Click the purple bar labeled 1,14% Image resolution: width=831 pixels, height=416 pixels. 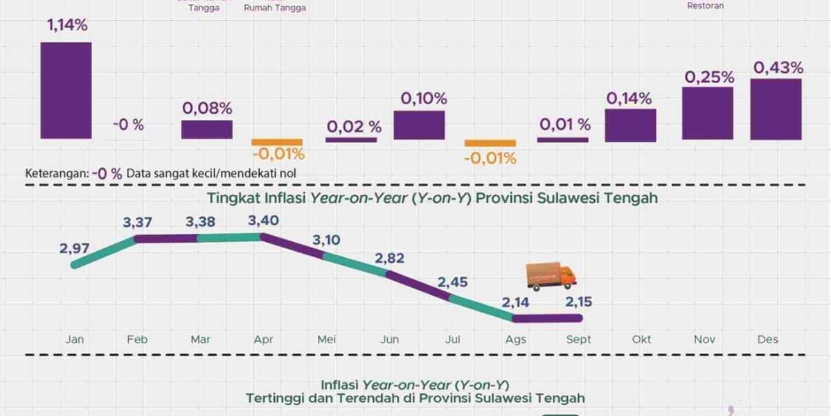(66, 90)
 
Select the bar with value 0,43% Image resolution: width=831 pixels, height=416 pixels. (776, 109)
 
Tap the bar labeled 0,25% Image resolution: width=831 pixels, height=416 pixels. (708, 113)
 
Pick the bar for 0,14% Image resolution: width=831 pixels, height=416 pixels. (630, 125)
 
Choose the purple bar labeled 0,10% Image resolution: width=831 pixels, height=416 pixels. (419, 125)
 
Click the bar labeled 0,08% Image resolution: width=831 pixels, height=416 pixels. (207, 129)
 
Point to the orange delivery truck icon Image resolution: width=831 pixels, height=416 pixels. (551, 276)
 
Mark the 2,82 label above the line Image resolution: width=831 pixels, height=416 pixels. (389, 258)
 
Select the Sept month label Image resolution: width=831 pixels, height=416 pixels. (578, 340)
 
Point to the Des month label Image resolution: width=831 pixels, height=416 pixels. (767, 340)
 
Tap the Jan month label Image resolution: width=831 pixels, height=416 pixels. (74, 340)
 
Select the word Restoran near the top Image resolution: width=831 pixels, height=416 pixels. (706, 6)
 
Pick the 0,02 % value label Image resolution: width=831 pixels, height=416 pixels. (354, 126)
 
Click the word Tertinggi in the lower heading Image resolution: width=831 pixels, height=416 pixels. (274, 398)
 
